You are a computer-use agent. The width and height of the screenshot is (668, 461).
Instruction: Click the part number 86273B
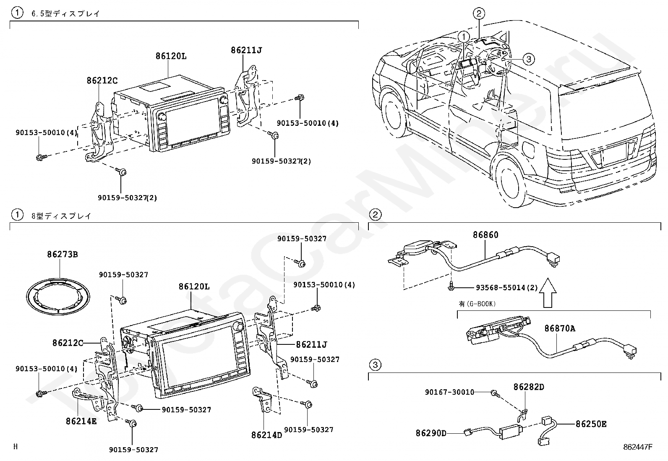point(62,255)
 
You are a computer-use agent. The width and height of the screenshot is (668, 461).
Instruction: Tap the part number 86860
point(485,235)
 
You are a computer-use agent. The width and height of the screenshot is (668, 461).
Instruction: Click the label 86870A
point(560,328)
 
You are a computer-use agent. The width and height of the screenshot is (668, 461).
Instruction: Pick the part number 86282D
point(529,387)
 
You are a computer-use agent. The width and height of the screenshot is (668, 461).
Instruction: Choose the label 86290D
point(431,433)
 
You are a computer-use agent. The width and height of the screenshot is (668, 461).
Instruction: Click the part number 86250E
point(591,424)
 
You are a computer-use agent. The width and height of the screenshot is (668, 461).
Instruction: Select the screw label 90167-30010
point(449,392)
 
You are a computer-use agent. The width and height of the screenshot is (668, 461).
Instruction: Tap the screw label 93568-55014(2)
point(507,288)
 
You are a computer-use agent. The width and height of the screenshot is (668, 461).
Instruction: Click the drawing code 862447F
point(638,447)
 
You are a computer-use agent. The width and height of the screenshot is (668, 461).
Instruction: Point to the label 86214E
point(81,420)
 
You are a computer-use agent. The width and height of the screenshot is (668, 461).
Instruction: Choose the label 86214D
point(267,435)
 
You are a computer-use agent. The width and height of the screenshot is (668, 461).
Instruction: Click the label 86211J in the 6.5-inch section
point(246,50)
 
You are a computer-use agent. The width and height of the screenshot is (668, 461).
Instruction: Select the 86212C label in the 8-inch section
point(68,343)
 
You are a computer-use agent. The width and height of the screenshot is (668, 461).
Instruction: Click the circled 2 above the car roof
point(479,14)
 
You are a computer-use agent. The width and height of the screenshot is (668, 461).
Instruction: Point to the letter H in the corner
point(16,447)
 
